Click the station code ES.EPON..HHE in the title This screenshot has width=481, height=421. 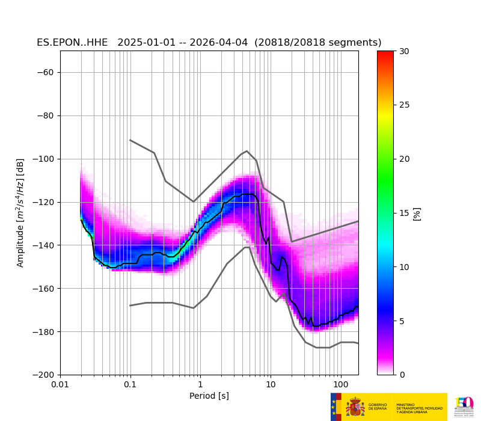pyautogui.click(x=72, y=43)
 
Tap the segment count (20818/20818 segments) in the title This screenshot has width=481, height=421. pyautogui.click(x=318, y=43)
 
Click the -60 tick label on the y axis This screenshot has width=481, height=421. pyautogui.click(x=46, y=73)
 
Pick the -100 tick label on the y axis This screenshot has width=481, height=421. pyautogui.click(x=44, y=159)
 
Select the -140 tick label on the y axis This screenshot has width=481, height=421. pyautogui.click(x=44, y=245)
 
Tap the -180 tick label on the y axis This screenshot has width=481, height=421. pyautogui.click(x=44, y=332)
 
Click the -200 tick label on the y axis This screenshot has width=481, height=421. pyautogui.click(x=44, y=375)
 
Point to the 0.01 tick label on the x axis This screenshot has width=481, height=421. pyautogui.click(x=60, y=384)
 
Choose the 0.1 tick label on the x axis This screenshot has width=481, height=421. pyautogui.click(x=130, y=384)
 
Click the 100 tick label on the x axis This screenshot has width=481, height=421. pyautogui.click(x=341, y=384)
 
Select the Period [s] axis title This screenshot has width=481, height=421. pyautogui.click(x=209, y=396)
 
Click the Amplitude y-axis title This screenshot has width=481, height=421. pyautogui.click(x=20, y=213)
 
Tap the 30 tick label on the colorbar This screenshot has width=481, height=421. pyautogui.click(x=404, y=51)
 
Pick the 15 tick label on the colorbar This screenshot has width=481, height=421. pyautogui.click(x=404, y=213)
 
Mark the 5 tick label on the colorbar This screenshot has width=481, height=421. pyautogui.click(x=402, y=321)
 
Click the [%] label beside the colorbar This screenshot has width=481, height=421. pyautogui.click(x=417, y=214)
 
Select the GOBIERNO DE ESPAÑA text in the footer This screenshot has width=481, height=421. pyautogui.click(x=378, y=407)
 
